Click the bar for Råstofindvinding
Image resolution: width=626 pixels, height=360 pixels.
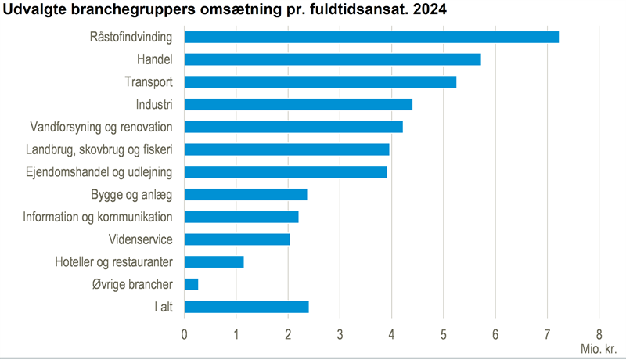[x=372, y=37]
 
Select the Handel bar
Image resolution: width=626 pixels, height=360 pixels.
[x=333, y=59]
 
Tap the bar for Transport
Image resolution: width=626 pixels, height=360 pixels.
[x=320, y=82]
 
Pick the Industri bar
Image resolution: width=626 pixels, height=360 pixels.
[x=298, y=104]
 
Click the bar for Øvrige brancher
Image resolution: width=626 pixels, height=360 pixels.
[x=192, y=284]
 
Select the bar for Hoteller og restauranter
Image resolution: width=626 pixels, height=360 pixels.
[x=214, y=262]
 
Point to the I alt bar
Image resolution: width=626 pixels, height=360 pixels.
[x=246, y=307]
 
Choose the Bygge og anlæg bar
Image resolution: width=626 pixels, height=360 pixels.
[x=246, y=194]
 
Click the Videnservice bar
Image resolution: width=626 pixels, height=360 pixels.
[x=237, y=239]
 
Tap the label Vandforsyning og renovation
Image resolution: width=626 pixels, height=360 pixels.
[x=101, y=127]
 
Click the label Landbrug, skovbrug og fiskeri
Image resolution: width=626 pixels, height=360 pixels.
[x=99, y=149]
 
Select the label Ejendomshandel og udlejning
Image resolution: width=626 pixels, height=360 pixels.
[x=99, y=171]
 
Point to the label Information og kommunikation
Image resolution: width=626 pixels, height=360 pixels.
[x=98, y=217]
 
